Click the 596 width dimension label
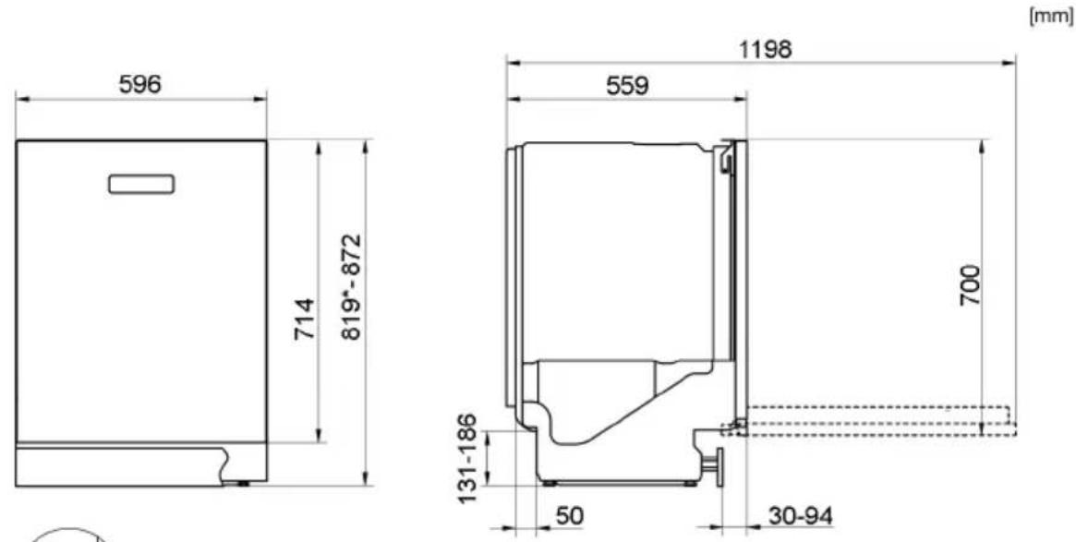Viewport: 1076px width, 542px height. coord(139,84)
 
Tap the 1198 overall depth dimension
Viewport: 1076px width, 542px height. coord(765,49)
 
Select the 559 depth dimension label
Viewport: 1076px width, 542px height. coord(626,86)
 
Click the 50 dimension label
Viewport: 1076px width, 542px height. coord(569,515)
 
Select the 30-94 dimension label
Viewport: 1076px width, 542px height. coord(801,515)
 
